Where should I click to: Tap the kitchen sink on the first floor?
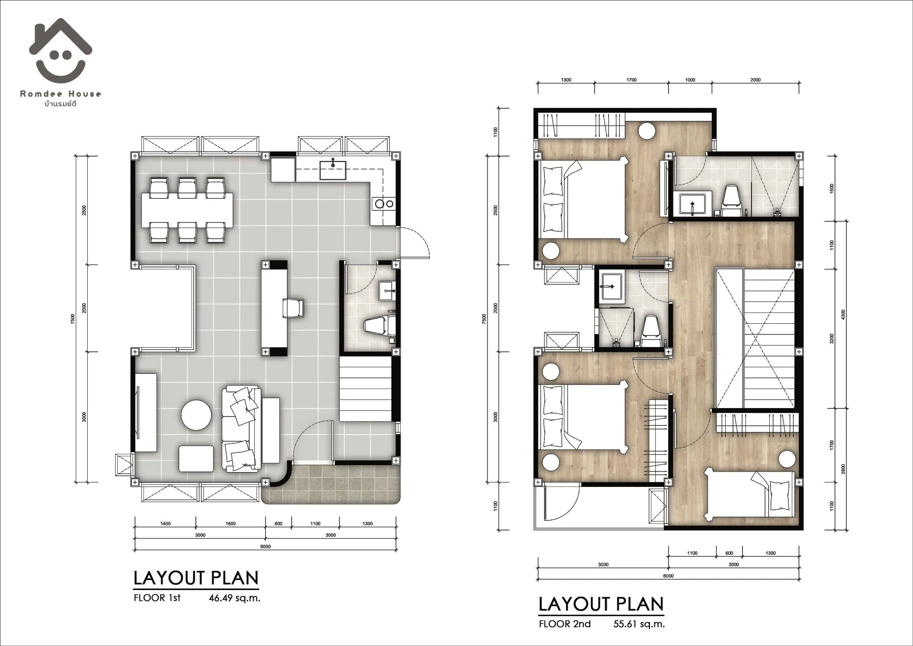tap(333, 170)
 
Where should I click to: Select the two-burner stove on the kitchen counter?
tap(384, 204)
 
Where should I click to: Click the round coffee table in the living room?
tap(196, 415)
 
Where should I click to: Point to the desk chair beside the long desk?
tap(293, 308)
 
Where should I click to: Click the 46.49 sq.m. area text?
tap(235, 598)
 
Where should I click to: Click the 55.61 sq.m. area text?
tap(639, 624)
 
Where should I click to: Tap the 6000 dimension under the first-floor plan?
tap(265, 547)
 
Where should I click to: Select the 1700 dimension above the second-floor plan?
tap(631, 80)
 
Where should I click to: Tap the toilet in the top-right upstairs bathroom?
tap(732, 201)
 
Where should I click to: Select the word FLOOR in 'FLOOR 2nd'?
tap(553, 624)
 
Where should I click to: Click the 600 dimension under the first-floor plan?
tap(278, 523)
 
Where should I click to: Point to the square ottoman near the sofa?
tap(196, 458)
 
